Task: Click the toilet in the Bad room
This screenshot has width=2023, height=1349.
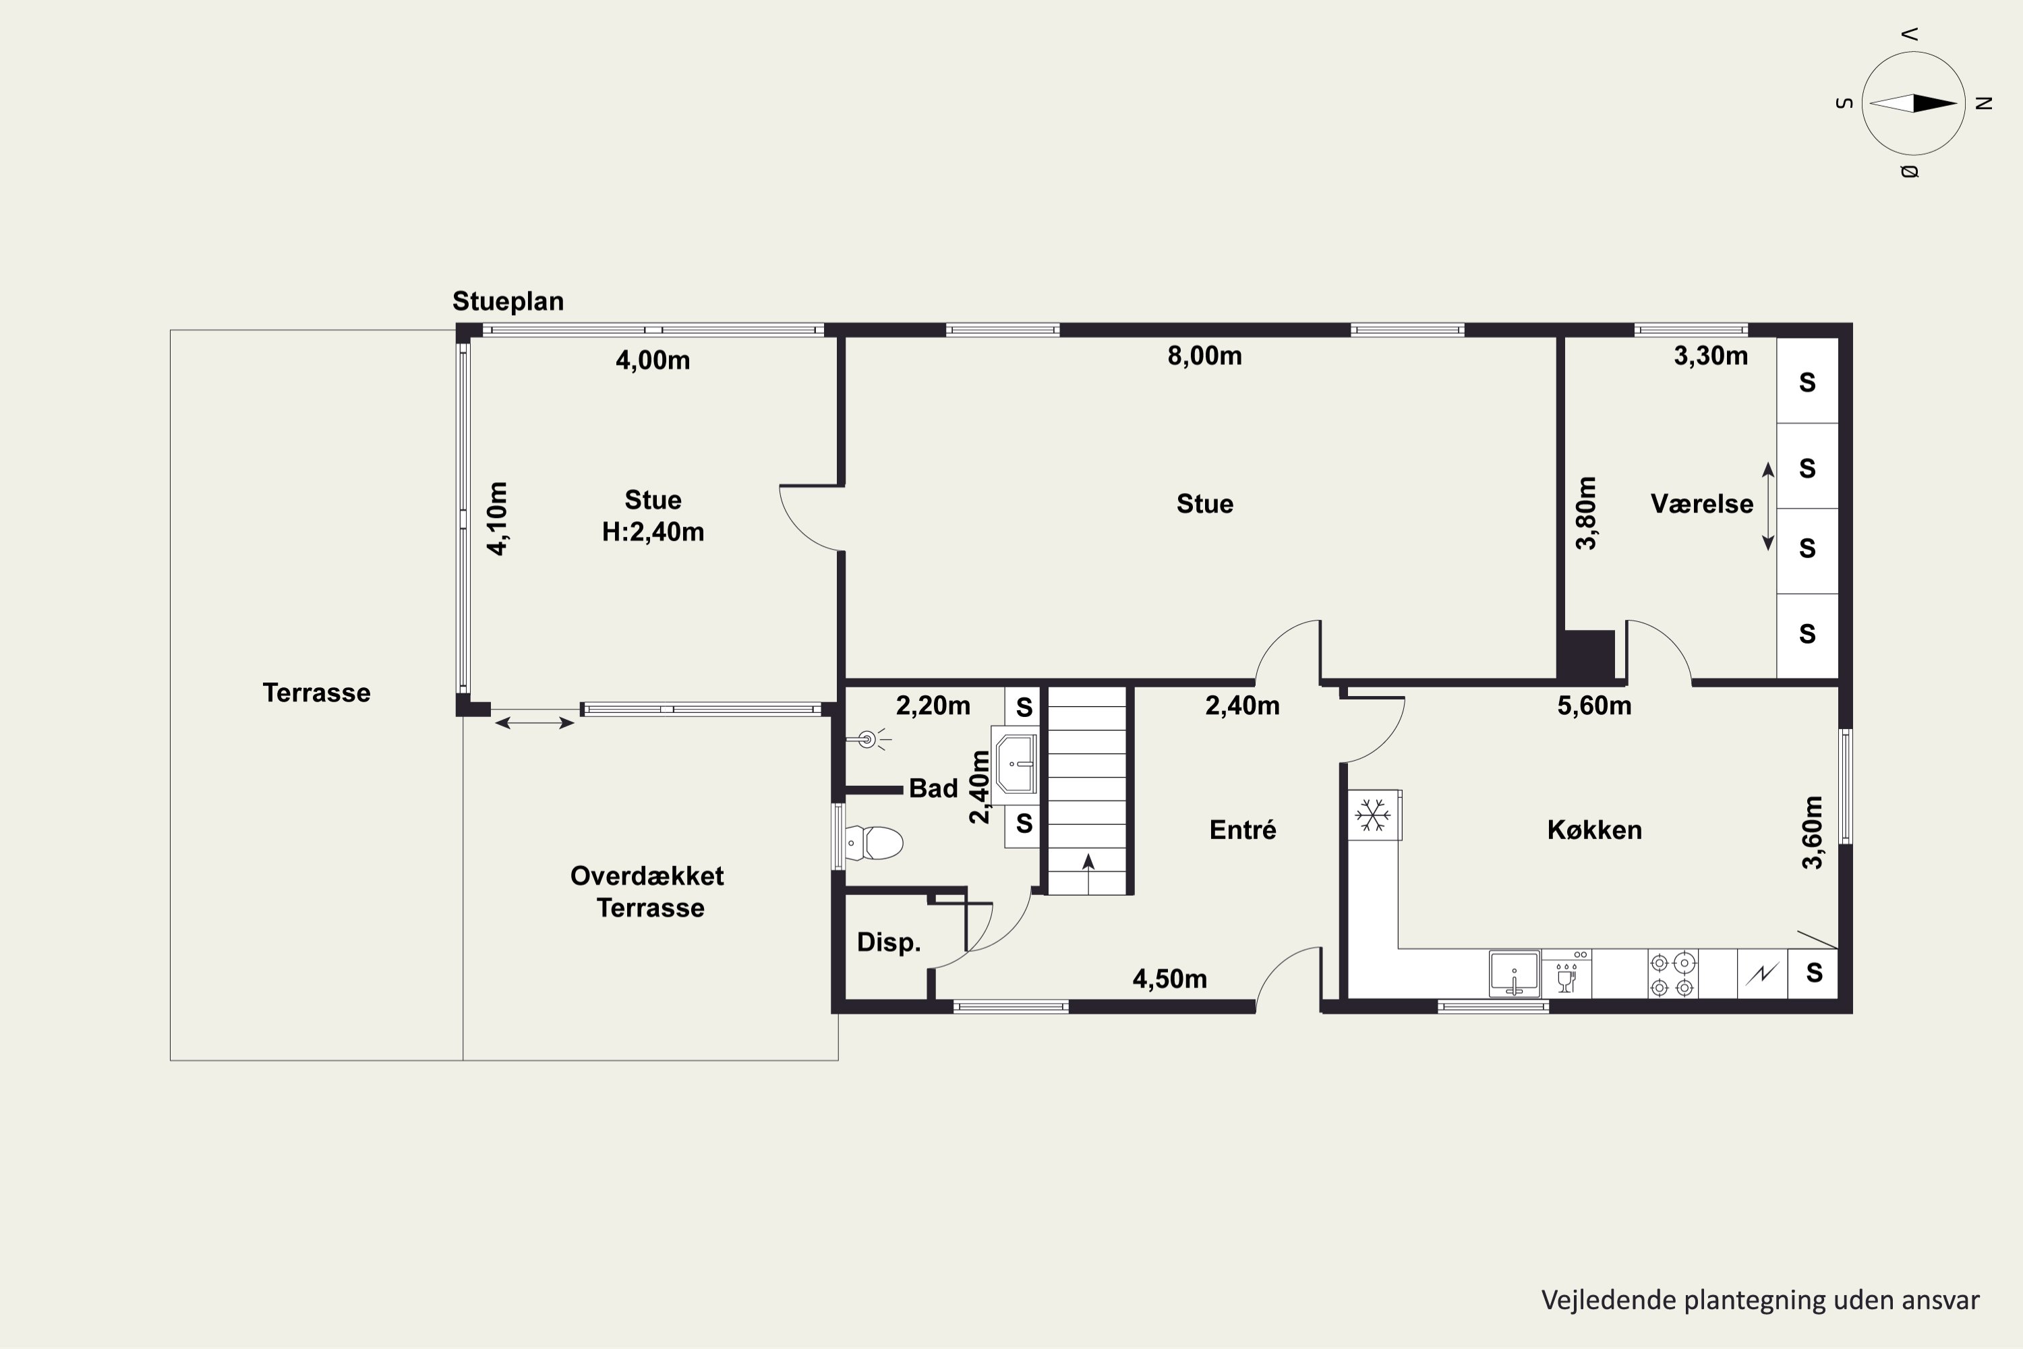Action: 874,843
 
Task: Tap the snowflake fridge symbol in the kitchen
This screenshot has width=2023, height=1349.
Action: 1374,815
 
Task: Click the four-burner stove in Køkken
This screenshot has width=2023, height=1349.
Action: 1672,974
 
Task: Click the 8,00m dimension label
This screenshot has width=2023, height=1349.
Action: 1204,356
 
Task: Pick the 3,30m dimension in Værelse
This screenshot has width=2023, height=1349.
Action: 1711,356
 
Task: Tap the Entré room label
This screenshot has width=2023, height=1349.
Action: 1243,830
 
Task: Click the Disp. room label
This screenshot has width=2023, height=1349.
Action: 889,943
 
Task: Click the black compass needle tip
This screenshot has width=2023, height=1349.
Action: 1958,104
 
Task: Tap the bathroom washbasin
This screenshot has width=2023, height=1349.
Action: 1015,764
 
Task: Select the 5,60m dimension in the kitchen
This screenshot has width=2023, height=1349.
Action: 1595,706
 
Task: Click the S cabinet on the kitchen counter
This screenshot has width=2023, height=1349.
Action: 1813,974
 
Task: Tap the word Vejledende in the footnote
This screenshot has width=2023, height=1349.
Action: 1595,1300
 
